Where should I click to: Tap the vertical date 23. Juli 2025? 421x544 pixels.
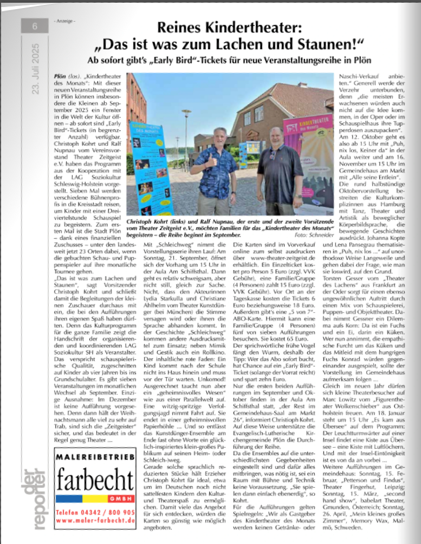[35, 68]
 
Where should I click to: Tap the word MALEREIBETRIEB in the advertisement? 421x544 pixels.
[95, 458]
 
